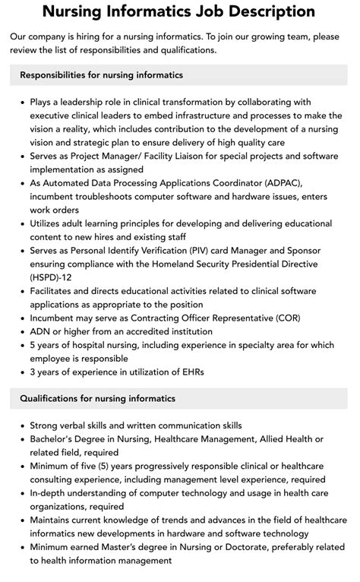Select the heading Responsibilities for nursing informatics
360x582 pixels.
point(101,75)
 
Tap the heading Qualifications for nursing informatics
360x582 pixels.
point(97,398)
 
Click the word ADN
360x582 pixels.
point(41,331)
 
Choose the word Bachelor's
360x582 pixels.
point(55,439)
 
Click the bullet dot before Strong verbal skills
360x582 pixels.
point(22,425)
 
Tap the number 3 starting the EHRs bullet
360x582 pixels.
point(33,372)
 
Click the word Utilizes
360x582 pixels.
point(49,223)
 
